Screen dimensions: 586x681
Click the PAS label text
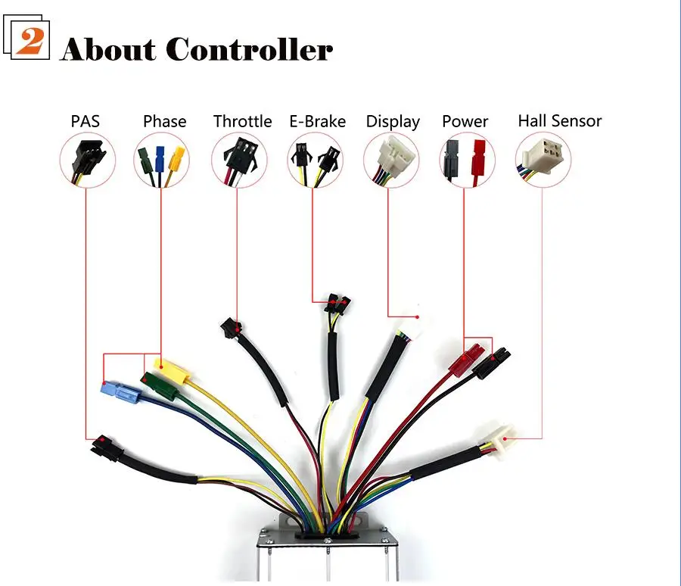[86, 121]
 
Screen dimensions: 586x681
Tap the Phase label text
[164, 121]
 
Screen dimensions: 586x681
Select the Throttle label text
[242, 121]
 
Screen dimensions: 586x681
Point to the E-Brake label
[317, 121]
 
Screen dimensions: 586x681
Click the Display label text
[392, 122]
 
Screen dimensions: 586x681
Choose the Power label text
[465, 121]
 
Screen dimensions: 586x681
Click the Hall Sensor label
[559, 120]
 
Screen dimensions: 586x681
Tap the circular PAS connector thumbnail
[86, 160]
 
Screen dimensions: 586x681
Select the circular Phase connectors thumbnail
[162, 160]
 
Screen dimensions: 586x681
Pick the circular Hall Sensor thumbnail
[543, 160]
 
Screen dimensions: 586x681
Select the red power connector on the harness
[465, 359]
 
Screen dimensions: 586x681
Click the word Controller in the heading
[249, 49]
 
